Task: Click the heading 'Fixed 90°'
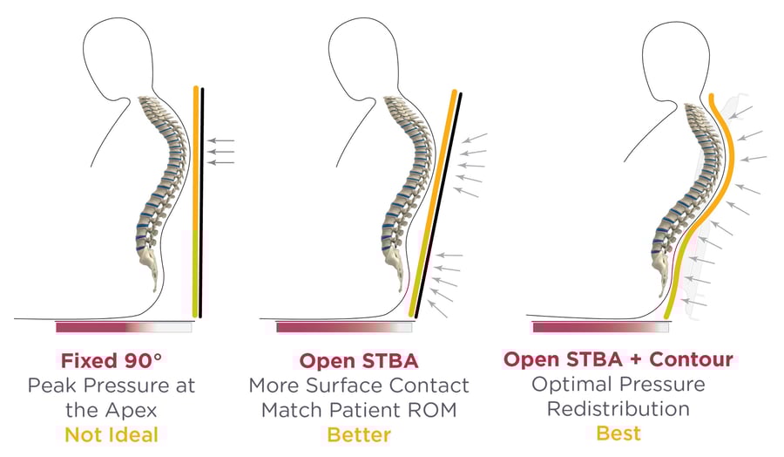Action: click(111, 360)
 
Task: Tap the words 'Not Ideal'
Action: click(111, 434)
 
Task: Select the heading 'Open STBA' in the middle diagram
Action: click(358, 360)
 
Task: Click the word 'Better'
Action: click(358, 434)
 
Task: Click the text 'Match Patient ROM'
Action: click(358, 410)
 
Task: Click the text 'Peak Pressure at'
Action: click(111, 385)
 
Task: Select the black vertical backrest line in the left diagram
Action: click(202, 201)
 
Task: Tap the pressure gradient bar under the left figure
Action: click(123, 327)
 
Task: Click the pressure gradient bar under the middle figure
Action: click(343, 327)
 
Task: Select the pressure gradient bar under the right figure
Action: click(600, 327)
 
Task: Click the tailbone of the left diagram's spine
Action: click(153, 279)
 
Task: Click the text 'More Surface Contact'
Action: click(358, 385)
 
